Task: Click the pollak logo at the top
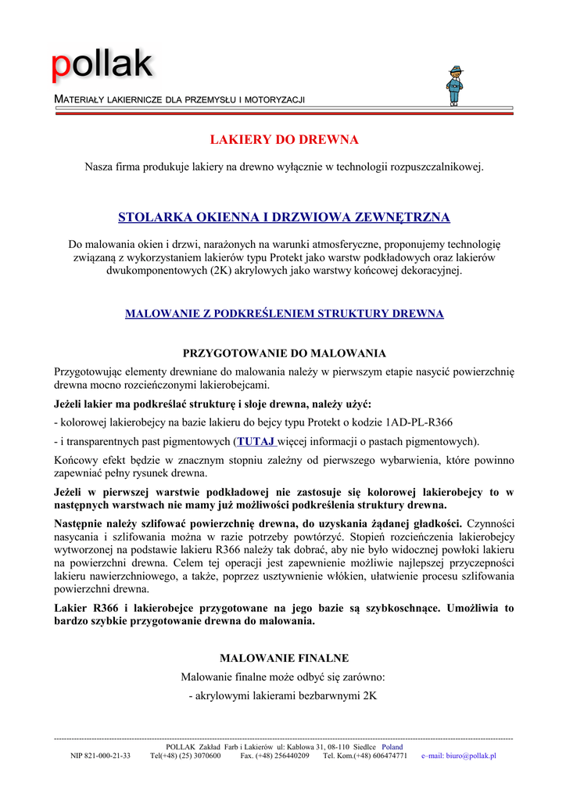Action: click(x=102, y=66)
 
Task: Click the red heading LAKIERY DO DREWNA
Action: click(x=284, y=140)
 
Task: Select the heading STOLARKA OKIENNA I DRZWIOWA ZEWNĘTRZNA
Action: click(x=284, y=217)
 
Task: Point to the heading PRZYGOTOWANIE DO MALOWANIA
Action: click(x=284, y=354)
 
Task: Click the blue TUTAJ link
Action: click(x=256, y=440)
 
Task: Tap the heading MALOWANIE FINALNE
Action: click(x=284, y=658)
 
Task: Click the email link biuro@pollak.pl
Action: click(x=459, y=756)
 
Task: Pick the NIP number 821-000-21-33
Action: click(x=100, y=756)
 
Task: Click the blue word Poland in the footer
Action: click(x=392, y=747)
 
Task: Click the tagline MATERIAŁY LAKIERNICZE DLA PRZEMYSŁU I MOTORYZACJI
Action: click(x=178, y=100)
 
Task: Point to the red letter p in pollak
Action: click(x=60, y=68)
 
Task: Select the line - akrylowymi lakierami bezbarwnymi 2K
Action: click(x=284, y=695)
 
